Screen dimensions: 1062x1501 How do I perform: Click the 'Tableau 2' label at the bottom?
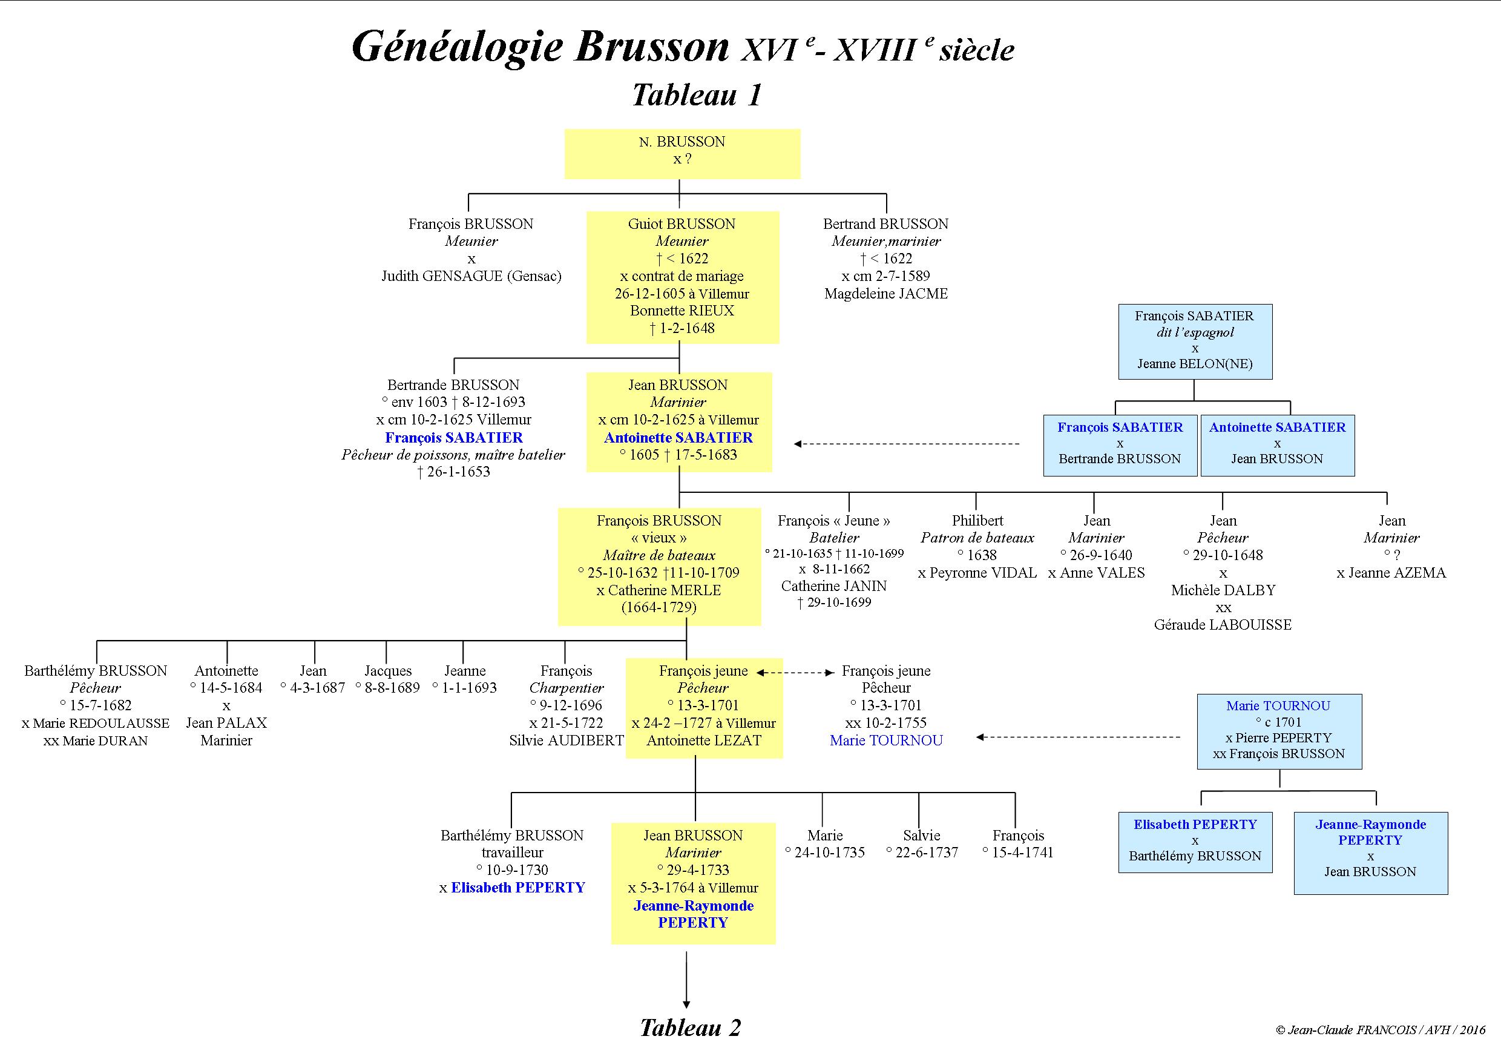(x=691, y=1027)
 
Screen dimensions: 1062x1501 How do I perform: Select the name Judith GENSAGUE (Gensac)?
(x=471, y=276)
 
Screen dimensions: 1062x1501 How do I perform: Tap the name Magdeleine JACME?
(x=886, y=294)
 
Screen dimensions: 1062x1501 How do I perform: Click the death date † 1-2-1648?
(x=682, y=328)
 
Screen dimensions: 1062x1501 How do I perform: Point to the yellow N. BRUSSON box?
(x=682, y=154)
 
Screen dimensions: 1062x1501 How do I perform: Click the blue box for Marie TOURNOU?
(x=1279, y=730)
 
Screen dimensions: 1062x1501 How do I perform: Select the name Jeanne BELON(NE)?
(x=1194, y=364)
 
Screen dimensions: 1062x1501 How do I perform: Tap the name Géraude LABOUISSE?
(x=1223, y=624)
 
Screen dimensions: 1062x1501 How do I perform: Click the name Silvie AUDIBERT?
(x=566, y=740)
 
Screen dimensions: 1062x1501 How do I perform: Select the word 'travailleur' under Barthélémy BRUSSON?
(x=512, y=853)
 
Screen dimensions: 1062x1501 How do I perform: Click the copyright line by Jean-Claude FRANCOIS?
(x=1380, y=1030)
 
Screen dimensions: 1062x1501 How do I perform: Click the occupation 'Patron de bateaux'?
(x=977, y=538)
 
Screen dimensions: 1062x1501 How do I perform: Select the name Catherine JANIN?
(x=833, y=586)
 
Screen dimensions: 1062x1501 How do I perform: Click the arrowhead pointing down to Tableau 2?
(x=686, y=1004)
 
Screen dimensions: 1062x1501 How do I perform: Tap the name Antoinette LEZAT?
(x=704, y=740)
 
